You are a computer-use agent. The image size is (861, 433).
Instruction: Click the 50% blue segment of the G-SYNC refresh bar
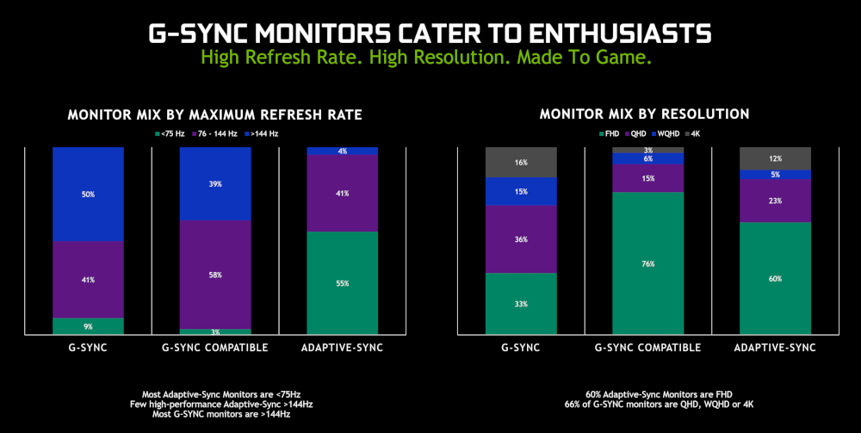point(88,194)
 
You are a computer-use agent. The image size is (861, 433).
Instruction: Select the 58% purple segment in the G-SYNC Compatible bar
point(215,274)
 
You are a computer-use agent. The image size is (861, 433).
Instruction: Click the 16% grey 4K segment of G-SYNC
point(521,162)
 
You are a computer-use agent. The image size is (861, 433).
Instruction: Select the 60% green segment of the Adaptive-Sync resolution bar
point(775,278)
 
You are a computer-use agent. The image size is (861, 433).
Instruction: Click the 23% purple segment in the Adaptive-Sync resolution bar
point(775,201)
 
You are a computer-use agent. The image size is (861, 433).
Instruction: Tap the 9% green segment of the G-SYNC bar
point(88,325)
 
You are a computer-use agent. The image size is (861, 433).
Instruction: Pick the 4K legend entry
point(694,133)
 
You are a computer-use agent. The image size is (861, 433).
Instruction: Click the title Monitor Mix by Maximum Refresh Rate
point(214,114)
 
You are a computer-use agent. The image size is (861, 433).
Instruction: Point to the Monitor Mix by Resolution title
point(644,114)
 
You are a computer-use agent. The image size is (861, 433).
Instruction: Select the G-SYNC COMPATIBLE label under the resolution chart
point(647,348)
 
